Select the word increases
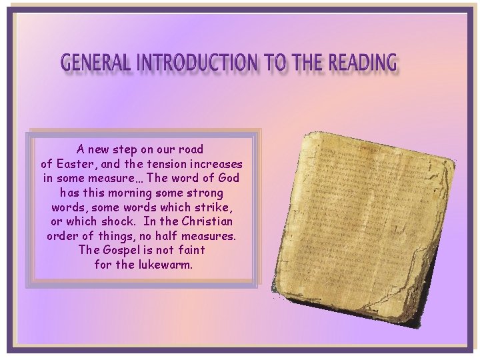218,164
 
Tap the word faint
190,250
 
